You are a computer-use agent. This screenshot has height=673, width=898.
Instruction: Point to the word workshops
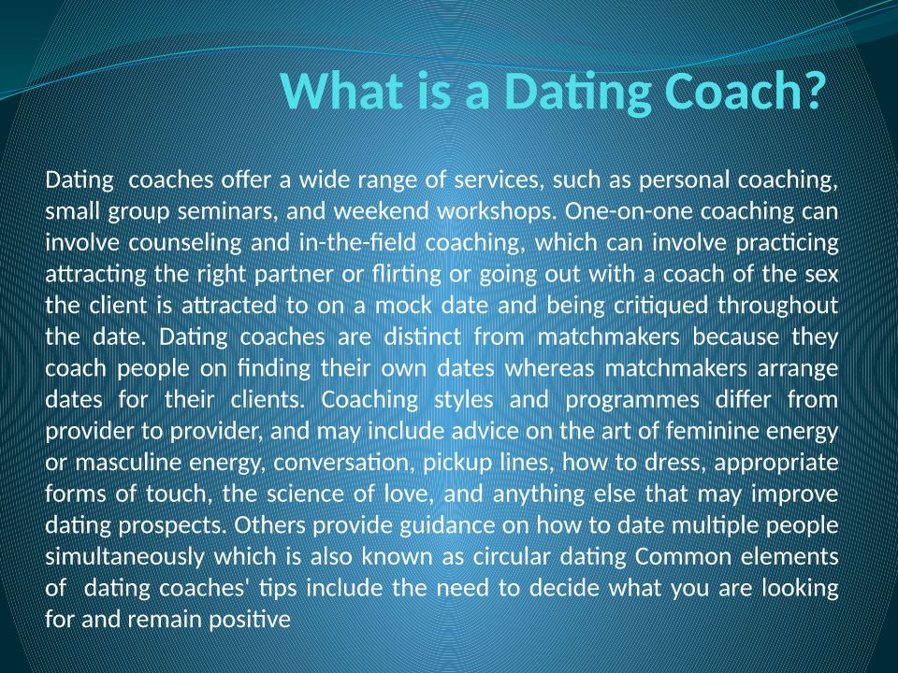coord(497,212)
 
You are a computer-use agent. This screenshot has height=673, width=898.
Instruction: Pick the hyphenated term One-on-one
coord(629,211)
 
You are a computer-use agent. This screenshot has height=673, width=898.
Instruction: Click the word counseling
coord(184,244)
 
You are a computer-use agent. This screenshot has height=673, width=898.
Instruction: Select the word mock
coord(403,305)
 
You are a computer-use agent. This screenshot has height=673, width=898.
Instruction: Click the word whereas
coord(549,368)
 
